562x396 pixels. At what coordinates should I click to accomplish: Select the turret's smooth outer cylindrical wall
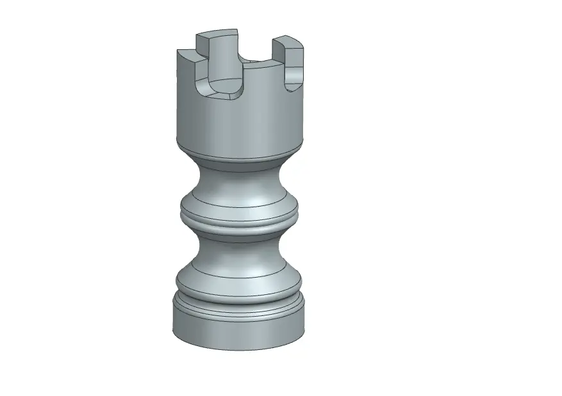coord(237,122)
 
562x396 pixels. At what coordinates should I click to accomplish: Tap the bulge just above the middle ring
coord(238,203)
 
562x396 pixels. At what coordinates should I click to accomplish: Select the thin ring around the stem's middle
coord(238,224)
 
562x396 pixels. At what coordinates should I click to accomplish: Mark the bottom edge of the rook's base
coord(238,350)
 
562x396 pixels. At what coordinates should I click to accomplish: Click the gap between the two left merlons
coord(201,58)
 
